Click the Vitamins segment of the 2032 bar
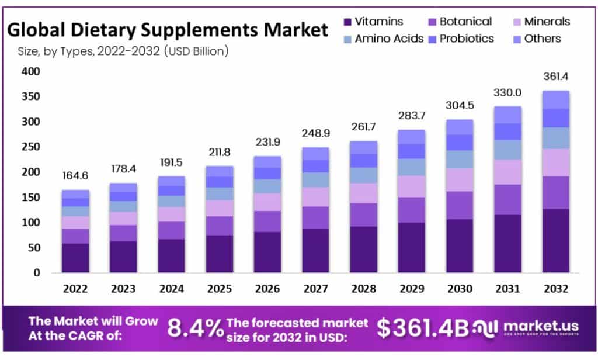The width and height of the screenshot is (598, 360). pos(555,240)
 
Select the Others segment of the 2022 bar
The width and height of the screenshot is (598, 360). pos(75,194)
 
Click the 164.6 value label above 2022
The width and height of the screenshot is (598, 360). pos(75,176)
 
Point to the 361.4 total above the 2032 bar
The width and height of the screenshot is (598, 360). pos(555,77)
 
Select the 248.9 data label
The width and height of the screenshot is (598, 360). pos(316,133)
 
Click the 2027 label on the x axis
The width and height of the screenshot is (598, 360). pos(316,289)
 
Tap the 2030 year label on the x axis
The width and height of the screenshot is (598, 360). pos(460,289)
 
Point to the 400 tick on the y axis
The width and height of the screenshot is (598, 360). pos(29,71)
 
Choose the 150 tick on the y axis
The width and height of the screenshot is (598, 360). pos(29,198)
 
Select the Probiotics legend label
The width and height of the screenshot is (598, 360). pos(467,39)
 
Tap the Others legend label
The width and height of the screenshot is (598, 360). pos(543,39)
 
